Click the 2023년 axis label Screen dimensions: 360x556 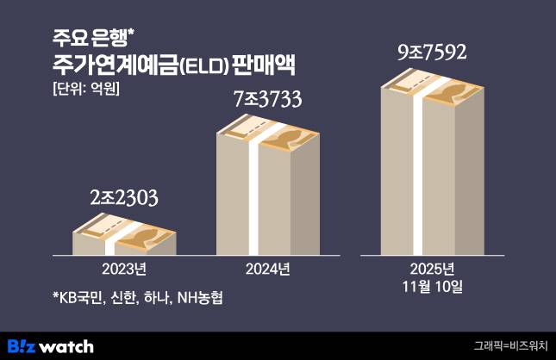coord(124,269)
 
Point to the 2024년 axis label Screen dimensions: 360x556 coord(267,269)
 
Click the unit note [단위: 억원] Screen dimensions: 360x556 coord(85,89)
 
